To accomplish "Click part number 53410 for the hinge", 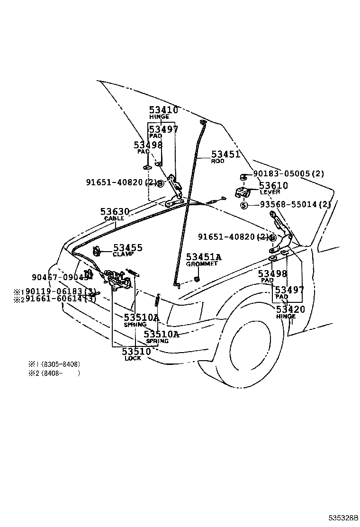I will (x=163, y=110).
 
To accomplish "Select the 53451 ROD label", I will (x=225, y=154).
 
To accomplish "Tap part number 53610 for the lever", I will (x=273, y=185).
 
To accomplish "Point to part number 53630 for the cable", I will (x=115, y=211).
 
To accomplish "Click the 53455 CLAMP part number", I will (x=127, y=248).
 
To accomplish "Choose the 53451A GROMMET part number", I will (x=203, y=257).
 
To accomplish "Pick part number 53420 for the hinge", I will (x=290, y=309).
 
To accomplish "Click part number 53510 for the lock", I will (x=136, y=351).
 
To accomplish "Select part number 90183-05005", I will (x=288, y=174).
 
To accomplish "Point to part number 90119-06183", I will (x=61, y=291).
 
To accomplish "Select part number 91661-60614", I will (x=61, y=299).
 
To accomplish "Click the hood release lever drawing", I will (x=243, y=192).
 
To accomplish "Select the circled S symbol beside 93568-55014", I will (x=243, y=205).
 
